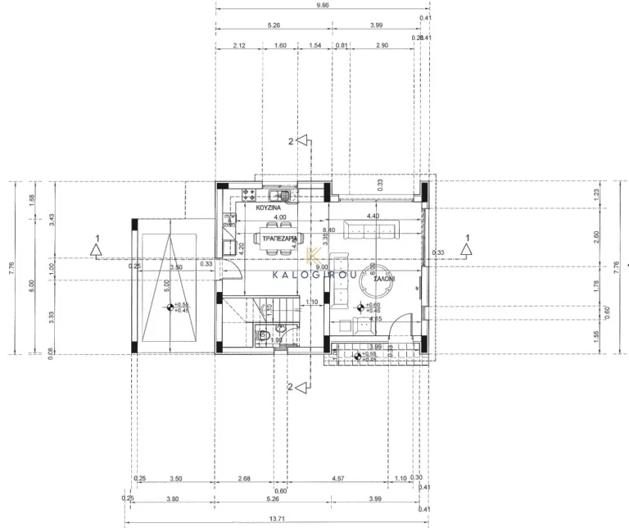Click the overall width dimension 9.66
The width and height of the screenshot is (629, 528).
(322, 6)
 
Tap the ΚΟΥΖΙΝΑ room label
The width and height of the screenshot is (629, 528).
(269, 209)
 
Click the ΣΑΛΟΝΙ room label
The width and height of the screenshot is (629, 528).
(385, 280)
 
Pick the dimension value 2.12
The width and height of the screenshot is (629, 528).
(239, 47)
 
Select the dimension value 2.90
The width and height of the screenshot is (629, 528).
(382, 47)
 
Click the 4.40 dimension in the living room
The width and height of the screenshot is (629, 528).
(373, 216)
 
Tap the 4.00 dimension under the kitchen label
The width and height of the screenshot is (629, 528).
(279, 217)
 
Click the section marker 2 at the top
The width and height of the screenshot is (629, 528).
(291, 141)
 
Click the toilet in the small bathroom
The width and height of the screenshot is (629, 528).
(261, 335)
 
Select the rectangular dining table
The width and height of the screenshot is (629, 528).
(278, 239)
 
